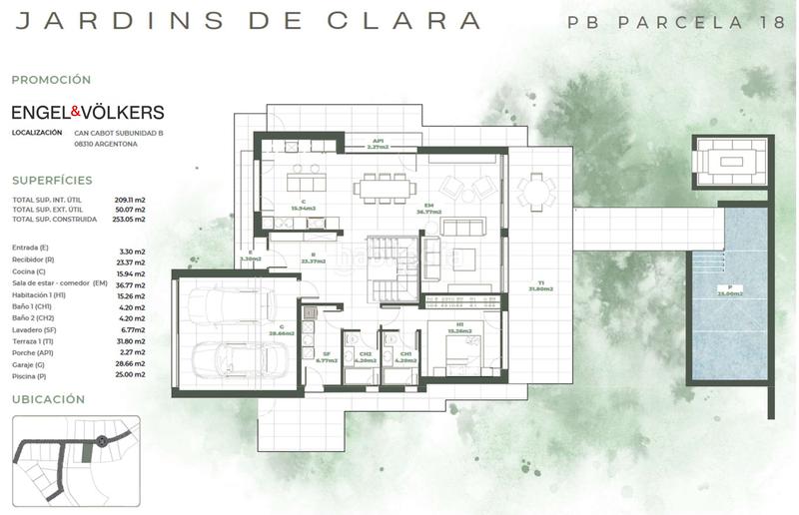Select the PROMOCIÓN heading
point(51,79)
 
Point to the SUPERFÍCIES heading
point(52,181)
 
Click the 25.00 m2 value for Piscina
point(132,377)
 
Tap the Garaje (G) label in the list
point(34,365)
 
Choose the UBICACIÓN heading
point(48,399)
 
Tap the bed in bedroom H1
point(460,344)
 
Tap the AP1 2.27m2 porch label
point(378,144)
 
